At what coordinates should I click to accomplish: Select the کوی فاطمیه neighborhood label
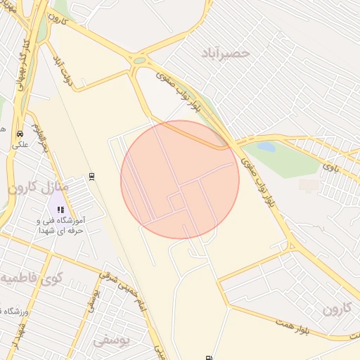[x=35, y=279]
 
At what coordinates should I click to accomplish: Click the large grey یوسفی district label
[x=112, y=340]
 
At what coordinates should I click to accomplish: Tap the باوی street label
[x=330, y=167]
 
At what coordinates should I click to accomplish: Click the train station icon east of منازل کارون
[x=91, y=176]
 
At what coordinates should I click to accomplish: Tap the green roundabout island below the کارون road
[x=139, y=60]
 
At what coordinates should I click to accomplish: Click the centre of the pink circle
[x=180, y=179]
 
